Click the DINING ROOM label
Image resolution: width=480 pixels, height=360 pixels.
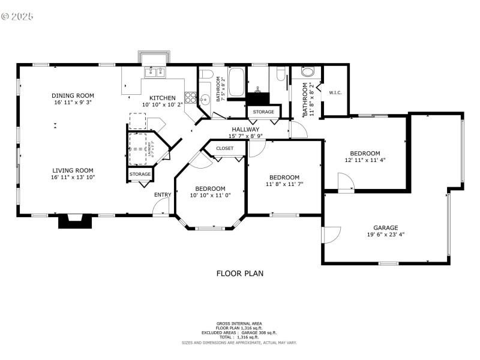pyautogui.click(x=73, y=95)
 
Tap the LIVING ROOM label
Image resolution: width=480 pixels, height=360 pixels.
pyautogui.click(x=73, y=170)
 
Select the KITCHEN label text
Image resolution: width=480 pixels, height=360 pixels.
pyautogui.click(x=163, y=98)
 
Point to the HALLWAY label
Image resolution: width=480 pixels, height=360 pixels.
pyautogui.click(x=245, y=129)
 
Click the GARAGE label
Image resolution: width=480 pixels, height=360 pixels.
pyautogui.click(x=386, y=228)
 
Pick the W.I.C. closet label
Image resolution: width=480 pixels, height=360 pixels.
pyautogui.click(x=335, y=92)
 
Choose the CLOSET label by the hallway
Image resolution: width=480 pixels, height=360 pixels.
pyautogui.click(x=225, y=148)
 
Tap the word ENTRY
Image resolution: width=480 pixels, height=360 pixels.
pyautogui.click(x=163, y=194)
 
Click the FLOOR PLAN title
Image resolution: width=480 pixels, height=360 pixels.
pyautogui.click(x=239, y=274)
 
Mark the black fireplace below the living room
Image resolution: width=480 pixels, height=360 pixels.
pyautogui.click(x=75, y=221)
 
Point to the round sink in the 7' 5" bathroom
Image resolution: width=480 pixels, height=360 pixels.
pyautogui.click(x=205, y=100)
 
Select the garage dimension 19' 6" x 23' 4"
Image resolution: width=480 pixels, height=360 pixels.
pyautogui.click(x=386, y=235)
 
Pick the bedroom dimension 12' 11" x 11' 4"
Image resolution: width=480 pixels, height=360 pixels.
pyautogui.click(x=365, y=160)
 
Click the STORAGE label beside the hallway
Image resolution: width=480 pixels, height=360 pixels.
pyautogui.click(x=263, y=112)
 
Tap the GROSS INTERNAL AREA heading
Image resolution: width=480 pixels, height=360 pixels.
pyautogui.click(x=239, y=323)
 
